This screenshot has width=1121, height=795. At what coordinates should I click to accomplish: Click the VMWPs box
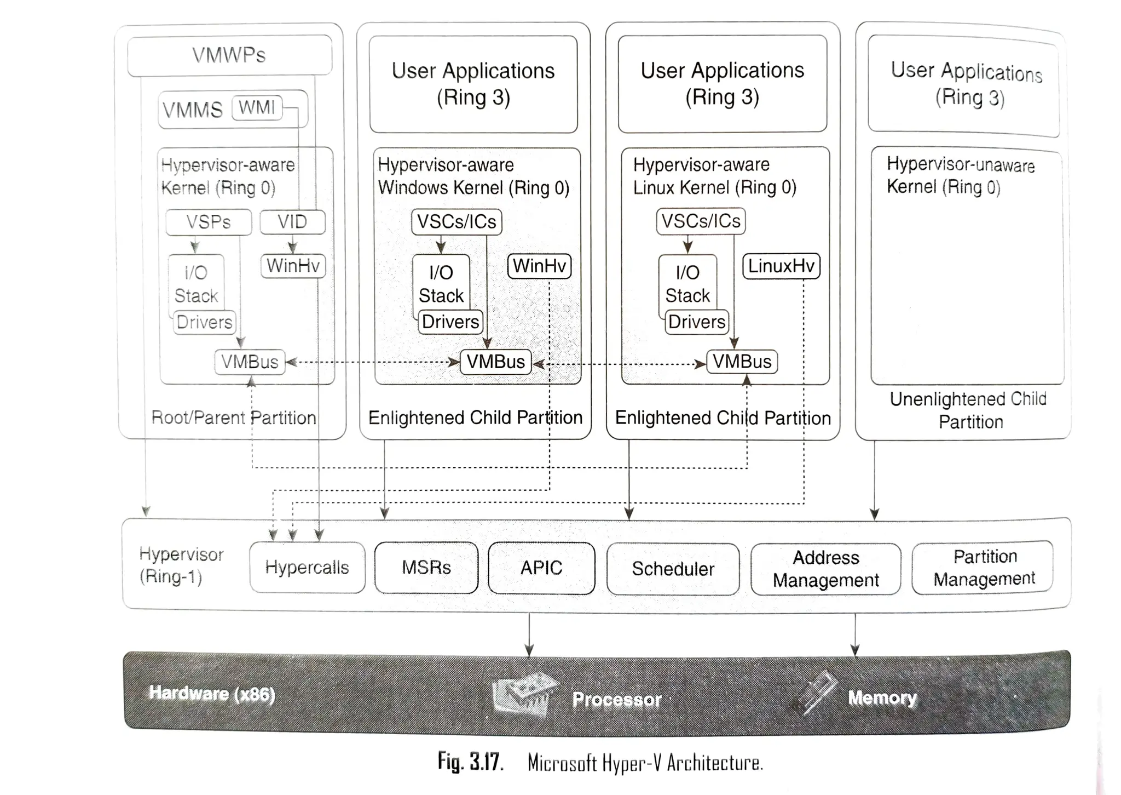229,55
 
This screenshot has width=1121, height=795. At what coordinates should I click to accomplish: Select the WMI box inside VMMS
257,107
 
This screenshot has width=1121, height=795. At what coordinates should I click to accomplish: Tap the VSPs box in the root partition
209,222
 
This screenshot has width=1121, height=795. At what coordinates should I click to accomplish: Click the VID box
292,222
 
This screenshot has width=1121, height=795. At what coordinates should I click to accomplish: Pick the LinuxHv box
781,266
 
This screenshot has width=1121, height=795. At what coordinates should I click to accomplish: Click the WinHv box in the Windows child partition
539,266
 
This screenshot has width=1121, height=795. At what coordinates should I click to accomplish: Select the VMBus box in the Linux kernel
742,362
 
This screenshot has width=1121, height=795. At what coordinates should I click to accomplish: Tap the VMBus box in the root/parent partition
250,362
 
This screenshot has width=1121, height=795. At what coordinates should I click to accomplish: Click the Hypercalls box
307,568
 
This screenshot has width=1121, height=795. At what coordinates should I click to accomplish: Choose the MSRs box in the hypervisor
426,568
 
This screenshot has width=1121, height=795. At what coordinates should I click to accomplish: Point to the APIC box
541,568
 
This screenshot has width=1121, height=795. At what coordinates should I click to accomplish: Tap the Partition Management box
984,568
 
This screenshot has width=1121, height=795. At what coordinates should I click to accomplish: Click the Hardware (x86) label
212,694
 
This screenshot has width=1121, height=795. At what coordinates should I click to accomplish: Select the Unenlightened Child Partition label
968,410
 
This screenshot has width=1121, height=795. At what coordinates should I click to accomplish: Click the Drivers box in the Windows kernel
450,322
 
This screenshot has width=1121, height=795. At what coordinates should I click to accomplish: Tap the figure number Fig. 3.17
470,762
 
